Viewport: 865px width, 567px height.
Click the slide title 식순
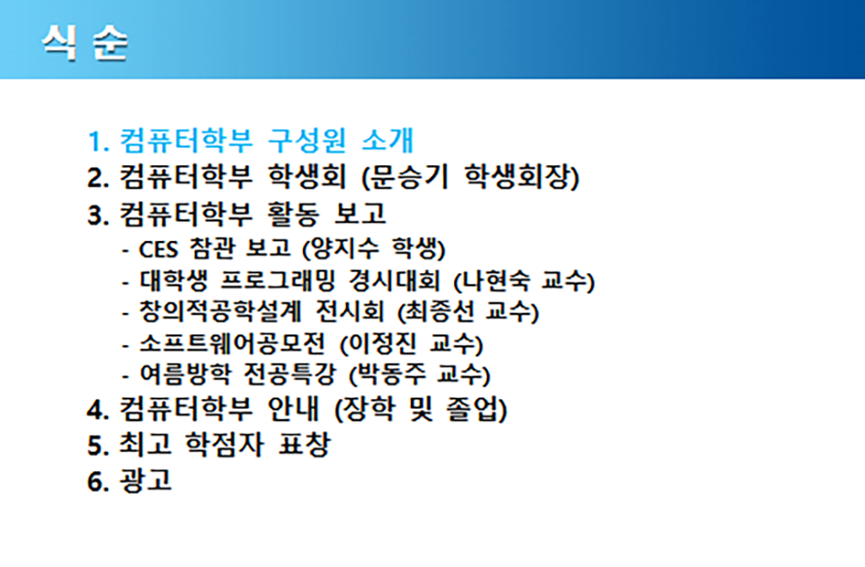85,42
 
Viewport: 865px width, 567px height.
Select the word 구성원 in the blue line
307,140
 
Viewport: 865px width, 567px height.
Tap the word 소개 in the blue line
388,140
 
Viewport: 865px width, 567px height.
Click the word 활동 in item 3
293,213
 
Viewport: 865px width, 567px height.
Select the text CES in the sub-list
158,249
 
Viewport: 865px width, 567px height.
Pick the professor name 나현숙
496,280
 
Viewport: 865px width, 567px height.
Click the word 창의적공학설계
220,311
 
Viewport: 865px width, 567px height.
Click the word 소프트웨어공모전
232,343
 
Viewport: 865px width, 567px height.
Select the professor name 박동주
392,374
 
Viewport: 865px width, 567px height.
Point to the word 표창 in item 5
304,444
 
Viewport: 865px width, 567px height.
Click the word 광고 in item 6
145,480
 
